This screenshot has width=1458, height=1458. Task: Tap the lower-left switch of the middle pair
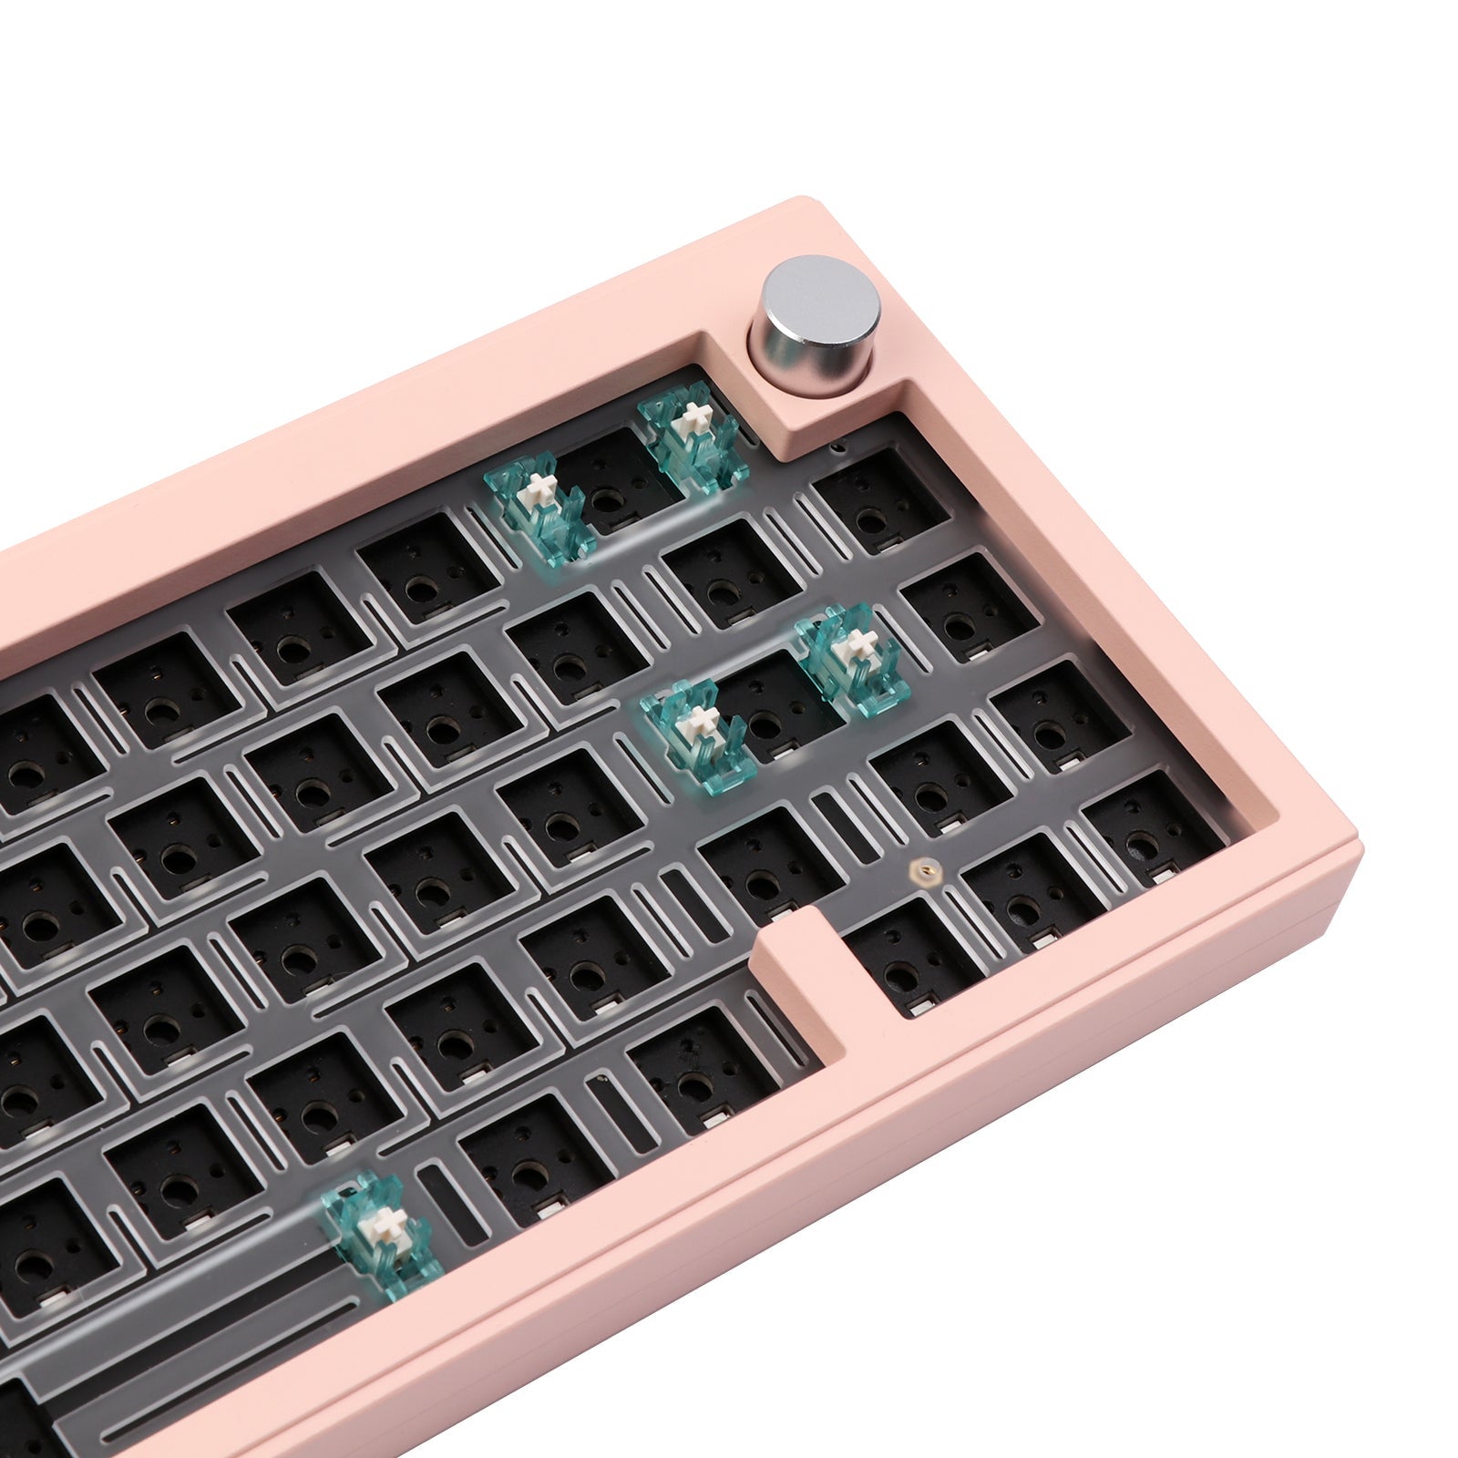tap(698, 734)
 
